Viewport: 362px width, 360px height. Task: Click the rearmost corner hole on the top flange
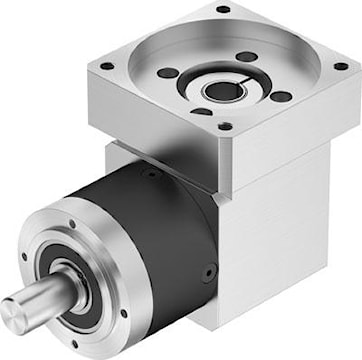pos(222,9)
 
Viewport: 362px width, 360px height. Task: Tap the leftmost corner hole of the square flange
pos(106,67)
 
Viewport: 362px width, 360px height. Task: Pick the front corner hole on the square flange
pos(226,127)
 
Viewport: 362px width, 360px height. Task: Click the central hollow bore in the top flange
pos(217,91)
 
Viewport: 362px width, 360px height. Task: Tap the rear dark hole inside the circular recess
pos(244,57)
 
